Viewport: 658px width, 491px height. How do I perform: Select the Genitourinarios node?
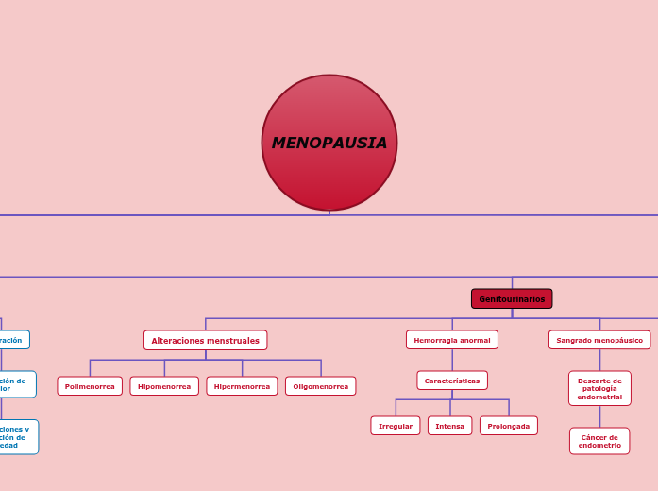(x=512, y=298)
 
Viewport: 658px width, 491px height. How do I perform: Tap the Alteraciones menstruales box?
(x=206, y=340)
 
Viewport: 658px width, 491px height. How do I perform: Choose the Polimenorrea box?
(x=90, y=386)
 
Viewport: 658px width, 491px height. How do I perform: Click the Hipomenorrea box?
(x=164, y=386)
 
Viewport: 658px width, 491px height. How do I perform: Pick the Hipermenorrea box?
(x=242, y=386)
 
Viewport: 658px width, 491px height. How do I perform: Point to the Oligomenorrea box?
(x=321, y=386)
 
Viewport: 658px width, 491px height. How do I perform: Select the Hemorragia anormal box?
(x=452, y=340)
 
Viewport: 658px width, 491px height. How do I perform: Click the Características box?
(x=452, y=381)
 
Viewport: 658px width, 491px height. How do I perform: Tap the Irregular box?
(x=396, y=426)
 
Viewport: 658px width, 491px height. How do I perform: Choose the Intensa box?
(x=449, y=426)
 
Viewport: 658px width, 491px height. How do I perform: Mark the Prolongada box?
(x=509, y=426)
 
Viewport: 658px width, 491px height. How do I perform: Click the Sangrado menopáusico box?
(x=599, y=340)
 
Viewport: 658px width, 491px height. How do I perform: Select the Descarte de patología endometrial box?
(x=599, y=388)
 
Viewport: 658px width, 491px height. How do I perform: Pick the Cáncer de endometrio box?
(x=599, y=441)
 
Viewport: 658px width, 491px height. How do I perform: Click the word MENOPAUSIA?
(x=329, y=144)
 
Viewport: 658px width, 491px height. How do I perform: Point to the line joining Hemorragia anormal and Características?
(x=452, y=360)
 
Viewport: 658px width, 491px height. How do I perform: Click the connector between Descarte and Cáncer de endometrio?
(x=599, y=416)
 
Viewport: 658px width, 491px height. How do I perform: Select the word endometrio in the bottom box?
(x=599, y=445)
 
